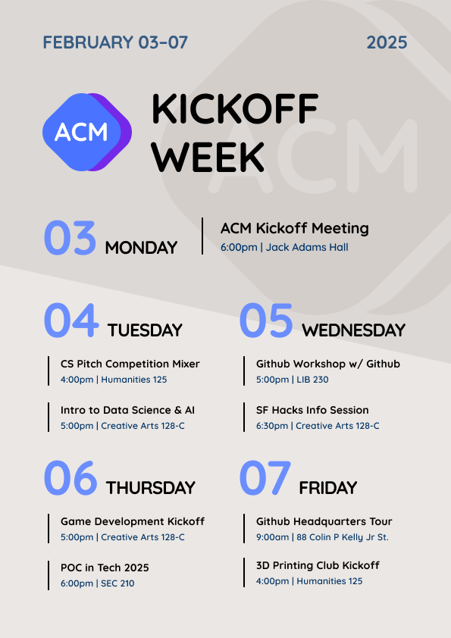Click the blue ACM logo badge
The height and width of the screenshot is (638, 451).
click(x=87, y=132)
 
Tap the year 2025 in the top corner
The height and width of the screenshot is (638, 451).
click(x=387, y=42)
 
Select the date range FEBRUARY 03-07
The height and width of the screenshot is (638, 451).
click(x=115, y=42)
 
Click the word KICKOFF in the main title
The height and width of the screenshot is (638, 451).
click(x=235, y=108)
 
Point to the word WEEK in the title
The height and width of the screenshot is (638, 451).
click(x=208, y=157)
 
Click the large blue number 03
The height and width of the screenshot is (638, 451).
click(x=70, y=238)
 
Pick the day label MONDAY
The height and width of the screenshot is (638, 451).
click(x=141, y=247)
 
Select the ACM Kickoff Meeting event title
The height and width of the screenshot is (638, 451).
click(x=295, y=228)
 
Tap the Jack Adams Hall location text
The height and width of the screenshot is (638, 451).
click(x=307, y=247)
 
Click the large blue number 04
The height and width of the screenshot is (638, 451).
click(x=71, y=321)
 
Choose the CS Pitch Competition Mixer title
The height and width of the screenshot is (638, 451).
click(x=130, y=364)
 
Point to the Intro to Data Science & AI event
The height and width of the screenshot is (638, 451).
click(x=127, y=410)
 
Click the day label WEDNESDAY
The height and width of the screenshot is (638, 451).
click(x=354, y=330)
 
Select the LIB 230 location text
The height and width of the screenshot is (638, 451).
click(x=312, y=380)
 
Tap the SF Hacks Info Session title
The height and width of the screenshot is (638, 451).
click(x=312, y=410)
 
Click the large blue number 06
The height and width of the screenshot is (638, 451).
click(x=70, y=477)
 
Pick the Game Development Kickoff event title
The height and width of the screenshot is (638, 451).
click(x=133, y=521)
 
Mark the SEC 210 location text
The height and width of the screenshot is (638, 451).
click(x=117, y=583)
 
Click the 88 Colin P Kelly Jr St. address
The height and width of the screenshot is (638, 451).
click(x=343, y=537)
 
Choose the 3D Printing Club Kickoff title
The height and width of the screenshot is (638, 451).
click(x=318, y=565)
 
